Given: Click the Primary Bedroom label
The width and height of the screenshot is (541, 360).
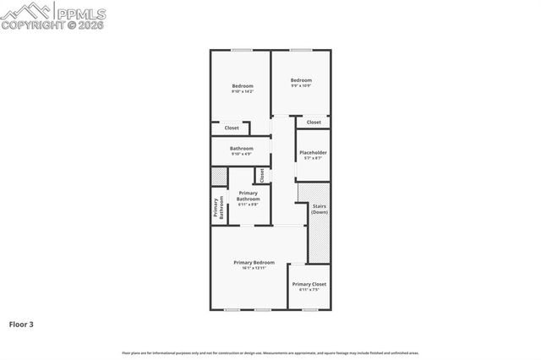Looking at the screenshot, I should pos(254,263).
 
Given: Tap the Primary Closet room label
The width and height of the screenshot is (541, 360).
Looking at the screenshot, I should pos(309,284).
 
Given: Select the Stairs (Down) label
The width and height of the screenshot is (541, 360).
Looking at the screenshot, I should pos(320,209).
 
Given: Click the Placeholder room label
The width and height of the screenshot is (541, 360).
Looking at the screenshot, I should pos(313,152).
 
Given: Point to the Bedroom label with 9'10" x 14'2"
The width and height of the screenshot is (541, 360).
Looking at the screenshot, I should pos(243,85).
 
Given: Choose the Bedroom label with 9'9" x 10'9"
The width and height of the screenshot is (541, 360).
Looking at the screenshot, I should pos(302,80).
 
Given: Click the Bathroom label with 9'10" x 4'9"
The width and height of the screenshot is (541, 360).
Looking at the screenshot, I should pos(242,149).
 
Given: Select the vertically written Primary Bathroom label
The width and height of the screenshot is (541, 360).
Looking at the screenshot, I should pos(218,208).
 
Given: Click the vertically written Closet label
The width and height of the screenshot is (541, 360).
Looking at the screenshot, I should pos(262,175).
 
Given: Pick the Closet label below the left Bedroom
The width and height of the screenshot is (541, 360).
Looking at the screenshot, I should pos(231,128).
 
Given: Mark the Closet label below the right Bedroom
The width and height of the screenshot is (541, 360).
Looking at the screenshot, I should pos(314,122).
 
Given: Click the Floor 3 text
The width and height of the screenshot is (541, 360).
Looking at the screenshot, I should pos(21,323).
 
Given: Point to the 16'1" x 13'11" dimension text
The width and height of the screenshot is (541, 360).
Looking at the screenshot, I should pos(254,268).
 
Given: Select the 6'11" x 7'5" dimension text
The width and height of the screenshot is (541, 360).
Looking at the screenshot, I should pos(309,290).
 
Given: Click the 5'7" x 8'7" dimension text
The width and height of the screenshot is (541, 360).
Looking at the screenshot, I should pos(313,158).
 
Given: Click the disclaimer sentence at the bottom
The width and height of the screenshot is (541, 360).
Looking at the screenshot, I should pos(270,352).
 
